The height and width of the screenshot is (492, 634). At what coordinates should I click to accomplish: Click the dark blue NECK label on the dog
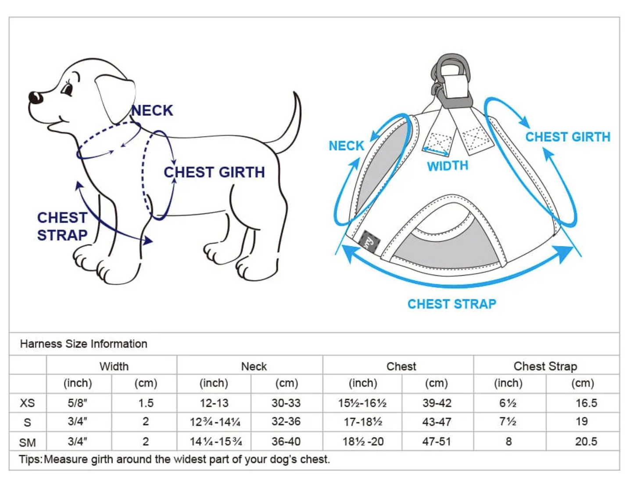pyautogui.click(x=152, y=111)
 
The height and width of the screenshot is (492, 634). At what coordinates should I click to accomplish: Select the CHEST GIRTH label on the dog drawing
pyautogui.click(x=215, y=172)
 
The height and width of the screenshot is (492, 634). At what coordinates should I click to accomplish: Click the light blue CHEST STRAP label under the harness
pyautogui.click(x=452, y=304)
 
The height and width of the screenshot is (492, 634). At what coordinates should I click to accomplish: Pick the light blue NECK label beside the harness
pyautogui.click(x=347, y=146)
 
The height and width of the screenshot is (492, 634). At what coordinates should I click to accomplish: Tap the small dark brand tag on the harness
pyautogui.click(x=370, y=241)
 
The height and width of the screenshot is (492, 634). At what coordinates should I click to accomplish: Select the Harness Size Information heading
pyautogui.click(x=83, y=344)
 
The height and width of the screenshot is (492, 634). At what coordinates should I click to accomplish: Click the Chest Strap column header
pyautogui.click(x=545, y=367)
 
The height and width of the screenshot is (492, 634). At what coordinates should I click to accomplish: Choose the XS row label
pyautogui.click(x=27, y=403)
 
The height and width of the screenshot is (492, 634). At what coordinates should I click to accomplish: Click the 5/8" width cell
pyautogui.click(x=78, y=403)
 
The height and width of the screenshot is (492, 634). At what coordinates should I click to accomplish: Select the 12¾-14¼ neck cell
pyautogui.click(x=215, y=422)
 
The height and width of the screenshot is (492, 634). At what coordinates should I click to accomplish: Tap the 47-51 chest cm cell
pyautogui.click(x=437, y=442)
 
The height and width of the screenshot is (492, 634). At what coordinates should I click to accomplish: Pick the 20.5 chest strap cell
pyautogui.click(x=586, y=442)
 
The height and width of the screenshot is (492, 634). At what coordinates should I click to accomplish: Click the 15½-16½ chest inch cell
pyautogui.click(x=362, y=403)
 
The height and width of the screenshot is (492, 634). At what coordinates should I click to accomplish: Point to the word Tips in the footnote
pyautogui.click(x=30, y=460)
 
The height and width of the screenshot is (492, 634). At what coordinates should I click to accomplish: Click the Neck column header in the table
pyautogui.click(x=254, y=367)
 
